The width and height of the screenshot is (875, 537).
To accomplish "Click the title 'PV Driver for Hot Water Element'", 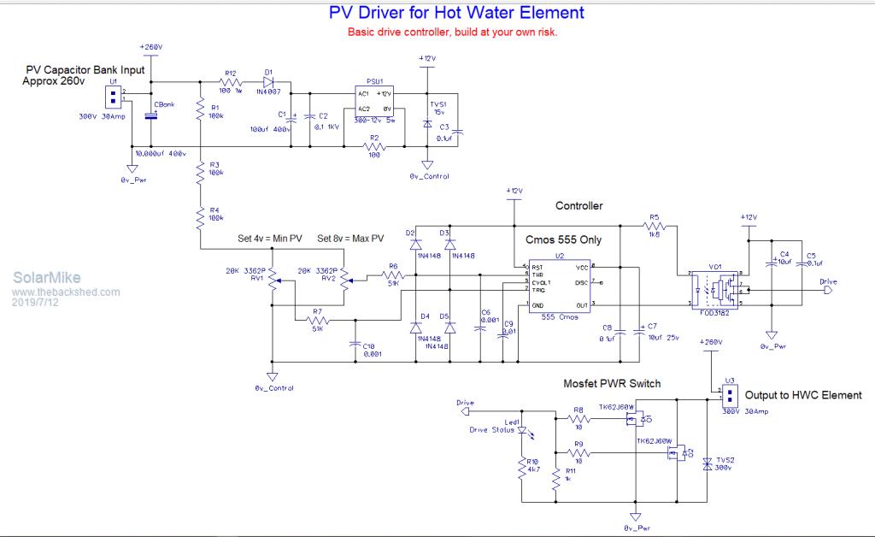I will point(457,13).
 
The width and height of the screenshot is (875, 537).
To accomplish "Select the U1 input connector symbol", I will point(112,95).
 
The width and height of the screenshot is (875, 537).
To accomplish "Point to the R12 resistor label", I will point(230,74).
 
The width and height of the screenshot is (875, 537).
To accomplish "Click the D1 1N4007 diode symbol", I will point(269,84).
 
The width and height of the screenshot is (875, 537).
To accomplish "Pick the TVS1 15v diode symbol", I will point(427,123).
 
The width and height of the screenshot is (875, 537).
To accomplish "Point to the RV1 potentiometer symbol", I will point(273,278).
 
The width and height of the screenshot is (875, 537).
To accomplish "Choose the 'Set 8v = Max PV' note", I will point(350,238).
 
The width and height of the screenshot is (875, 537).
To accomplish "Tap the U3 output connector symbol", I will point(729,394).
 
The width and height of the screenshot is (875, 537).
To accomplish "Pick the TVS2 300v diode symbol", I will point(707,464).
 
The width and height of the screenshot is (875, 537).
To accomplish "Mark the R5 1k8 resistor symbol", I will point(655,227).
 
